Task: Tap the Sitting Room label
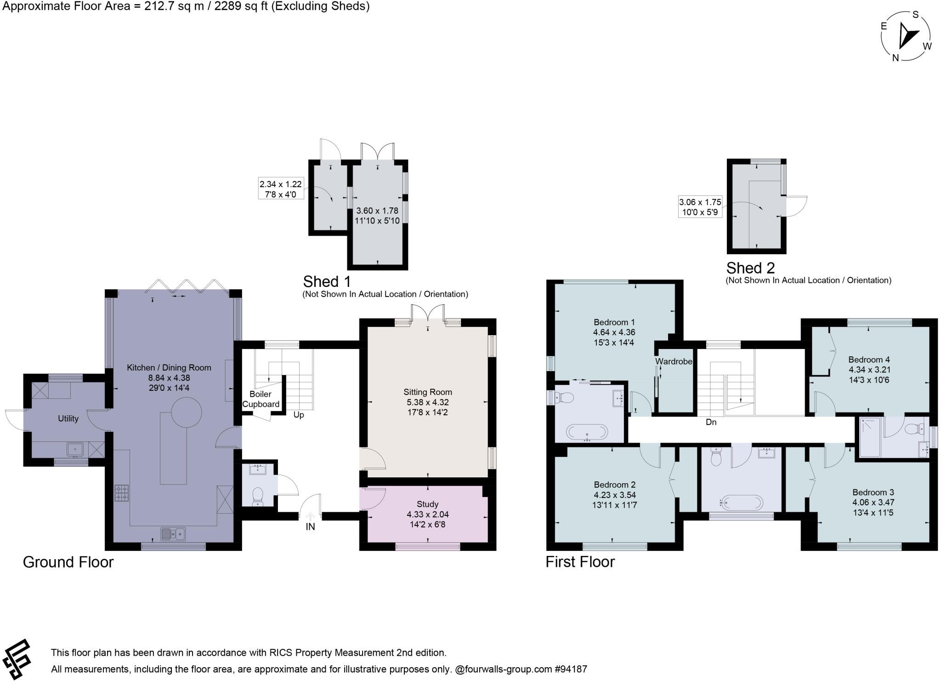(428, 392)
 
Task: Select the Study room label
(428, 504)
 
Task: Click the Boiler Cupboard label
(261, 399)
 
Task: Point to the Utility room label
(68, 418)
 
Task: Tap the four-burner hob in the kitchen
(122, 493)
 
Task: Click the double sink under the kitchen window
(173, 534)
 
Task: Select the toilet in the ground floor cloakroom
(257, 497)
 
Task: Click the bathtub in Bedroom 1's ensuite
(587, 432)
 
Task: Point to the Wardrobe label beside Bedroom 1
(674, 361)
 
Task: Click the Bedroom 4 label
(866, 360)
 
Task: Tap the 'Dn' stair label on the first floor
(711, 422)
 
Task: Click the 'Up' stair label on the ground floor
(299, 415)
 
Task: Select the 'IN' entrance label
(310, 527)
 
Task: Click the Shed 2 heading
(750, 268)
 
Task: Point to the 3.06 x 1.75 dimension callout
(700, 207)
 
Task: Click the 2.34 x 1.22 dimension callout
(281, 189)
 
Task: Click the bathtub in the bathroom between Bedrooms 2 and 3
(742, 503)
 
